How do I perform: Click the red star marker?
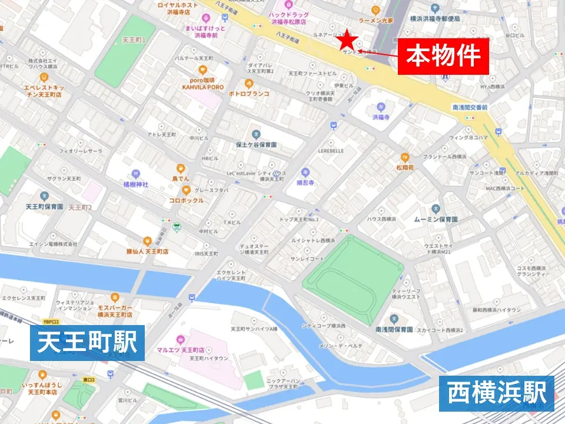point(348,40)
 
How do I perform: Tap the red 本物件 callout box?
point(443,57)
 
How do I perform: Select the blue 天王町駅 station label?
point(87,343)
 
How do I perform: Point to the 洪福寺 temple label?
point(381,117)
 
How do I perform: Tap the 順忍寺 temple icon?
point(305,172)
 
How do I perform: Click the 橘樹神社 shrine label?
point(136,184)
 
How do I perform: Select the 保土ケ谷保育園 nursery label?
point(255,144)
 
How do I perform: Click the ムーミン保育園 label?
point(436,219)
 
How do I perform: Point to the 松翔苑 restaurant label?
point(404,167)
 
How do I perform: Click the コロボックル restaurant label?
point(186,200)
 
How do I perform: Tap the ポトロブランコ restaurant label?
point(249,94)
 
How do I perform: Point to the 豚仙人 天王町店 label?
point(148,251)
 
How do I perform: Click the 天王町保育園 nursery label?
point(44,207)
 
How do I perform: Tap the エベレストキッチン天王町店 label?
point(44,90)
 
